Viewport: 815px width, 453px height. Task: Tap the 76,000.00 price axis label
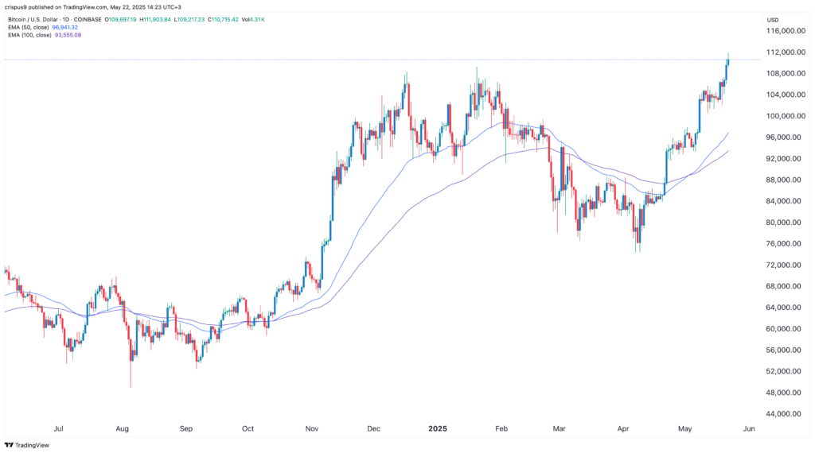(782, 243)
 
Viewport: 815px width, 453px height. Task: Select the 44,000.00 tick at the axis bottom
(782, 413)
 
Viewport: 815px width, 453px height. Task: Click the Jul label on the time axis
(58, 428)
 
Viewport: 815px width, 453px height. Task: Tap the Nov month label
(312, 428)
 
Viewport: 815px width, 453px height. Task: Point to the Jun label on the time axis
(747, 428)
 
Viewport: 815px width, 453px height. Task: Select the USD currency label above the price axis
(772, 18)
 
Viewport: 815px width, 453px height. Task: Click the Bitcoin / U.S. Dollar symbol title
(37, 17)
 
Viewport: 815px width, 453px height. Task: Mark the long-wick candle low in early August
(131, 387)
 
